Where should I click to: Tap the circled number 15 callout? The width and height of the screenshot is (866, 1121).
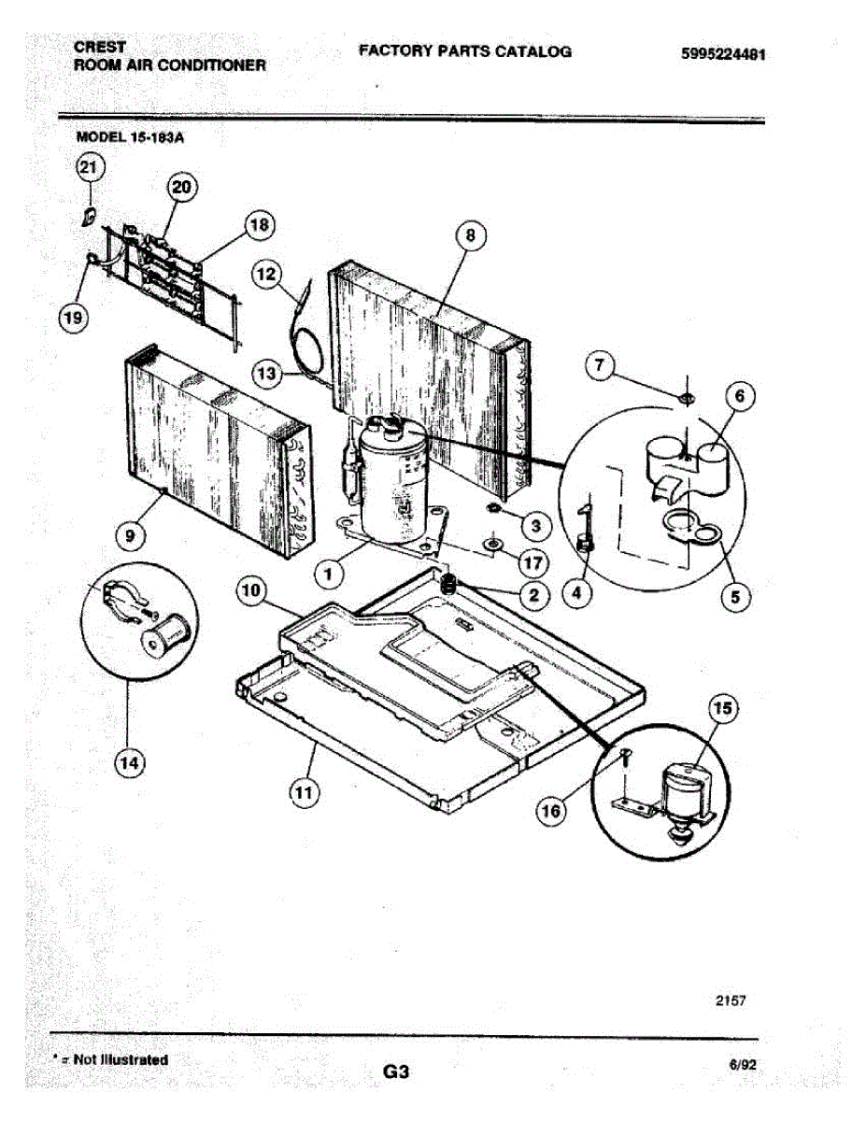pos(722,708)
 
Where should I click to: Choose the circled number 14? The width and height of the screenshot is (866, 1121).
pos(129,763)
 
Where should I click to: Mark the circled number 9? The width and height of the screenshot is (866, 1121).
pos(129,535)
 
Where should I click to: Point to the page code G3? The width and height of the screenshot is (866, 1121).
pos(396,1072)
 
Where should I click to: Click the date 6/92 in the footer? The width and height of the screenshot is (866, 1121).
pos(742,1064)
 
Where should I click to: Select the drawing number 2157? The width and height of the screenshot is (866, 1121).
pos(731,1001)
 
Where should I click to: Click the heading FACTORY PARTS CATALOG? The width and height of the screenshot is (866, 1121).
pos(464,51)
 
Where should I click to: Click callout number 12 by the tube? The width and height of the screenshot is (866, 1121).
pos(268,274)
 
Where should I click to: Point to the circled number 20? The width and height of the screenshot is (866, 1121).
pos(181,187)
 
